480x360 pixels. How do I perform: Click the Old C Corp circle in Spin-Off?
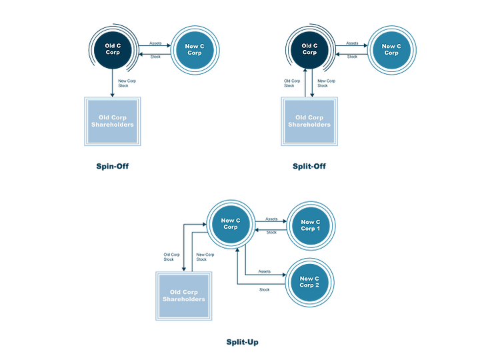click(113, 49)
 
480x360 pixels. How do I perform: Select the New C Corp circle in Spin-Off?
click(195, 50)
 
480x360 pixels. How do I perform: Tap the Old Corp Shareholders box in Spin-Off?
click(113, 121)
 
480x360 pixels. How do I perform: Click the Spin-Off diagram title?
click(113, 166)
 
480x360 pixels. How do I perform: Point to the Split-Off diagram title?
click(309, 166)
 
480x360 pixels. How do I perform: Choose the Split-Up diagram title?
click(242, 342)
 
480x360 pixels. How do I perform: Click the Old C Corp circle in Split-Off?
click(309, 49)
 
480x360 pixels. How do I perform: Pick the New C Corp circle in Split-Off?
click(391, 50)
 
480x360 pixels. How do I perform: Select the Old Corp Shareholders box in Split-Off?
click(309, 121)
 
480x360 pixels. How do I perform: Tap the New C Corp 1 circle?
click(311, 225)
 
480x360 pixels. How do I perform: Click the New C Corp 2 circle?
click(309, 282)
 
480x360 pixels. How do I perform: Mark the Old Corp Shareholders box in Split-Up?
click(184, 296)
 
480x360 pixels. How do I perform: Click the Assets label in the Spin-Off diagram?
click(155, 43)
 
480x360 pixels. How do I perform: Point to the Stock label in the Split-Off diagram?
click(352, 57)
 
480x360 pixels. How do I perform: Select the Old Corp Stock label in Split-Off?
click(292, 83)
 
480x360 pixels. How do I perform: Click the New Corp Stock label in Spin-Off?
click(127, 83)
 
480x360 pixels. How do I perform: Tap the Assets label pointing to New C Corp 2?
click(265, 271)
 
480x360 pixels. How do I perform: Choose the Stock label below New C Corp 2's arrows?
click(265, 289)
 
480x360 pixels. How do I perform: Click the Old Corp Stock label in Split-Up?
click(171, 257)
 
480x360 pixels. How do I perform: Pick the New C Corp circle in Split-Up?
click(231, 224)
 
